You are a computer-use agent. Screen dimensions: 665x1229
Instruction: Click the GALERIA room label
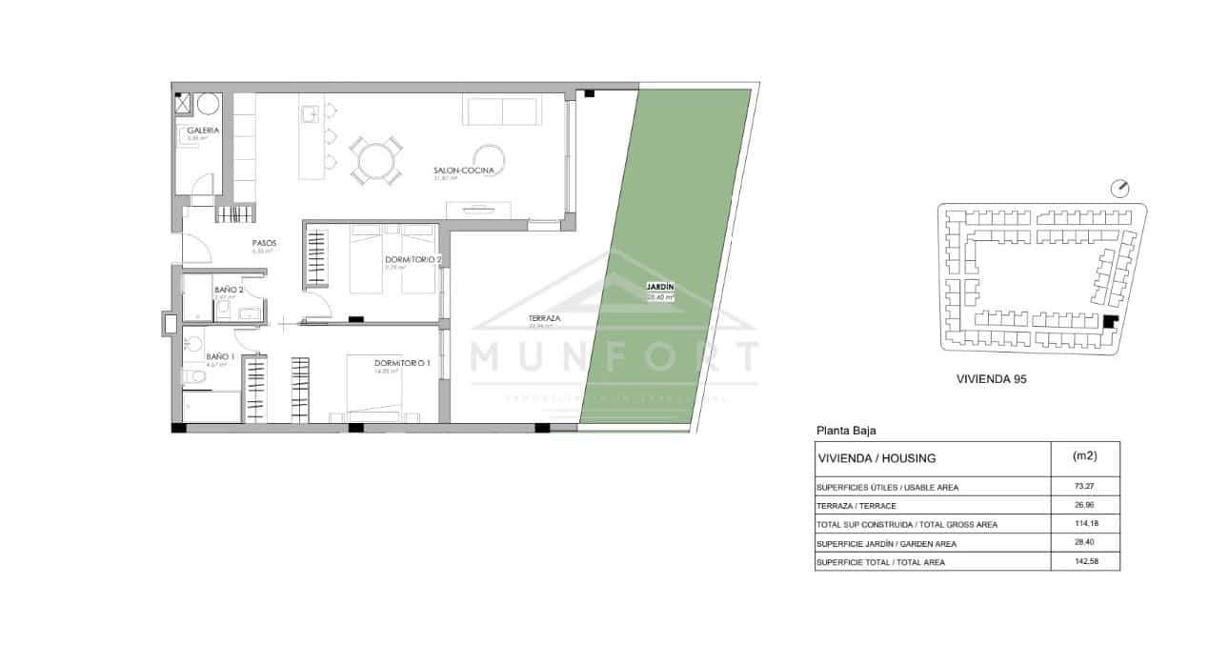point(203,130)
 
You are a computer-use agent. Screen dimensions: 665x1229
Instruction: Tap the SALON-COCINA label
point(463,171)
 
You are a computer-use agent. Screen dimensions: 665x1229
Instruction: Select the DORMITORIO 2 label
point(413,259)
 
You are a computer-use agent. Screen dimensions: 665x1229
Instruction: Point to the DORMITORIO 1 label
point(402,362)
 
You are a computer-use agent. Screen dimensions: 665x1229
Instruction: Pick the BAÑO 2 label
point(229,290)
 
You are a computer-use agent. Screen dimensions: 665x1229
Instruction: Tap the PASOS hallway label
point(264,243)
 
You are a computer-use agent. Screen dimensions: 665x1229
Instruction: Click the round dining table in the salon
point(374,161)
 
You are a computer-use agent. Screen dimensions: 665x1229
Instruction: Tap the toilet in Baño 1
point(193,378)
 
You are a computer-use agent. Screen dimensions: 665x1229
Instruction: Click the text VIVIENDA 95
point(991,378)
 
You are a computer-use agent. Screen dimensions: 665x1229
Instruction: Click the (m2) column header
point(1084,456)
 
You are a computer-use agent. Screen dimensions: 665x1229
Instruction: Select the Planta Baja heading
point(845,430)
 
